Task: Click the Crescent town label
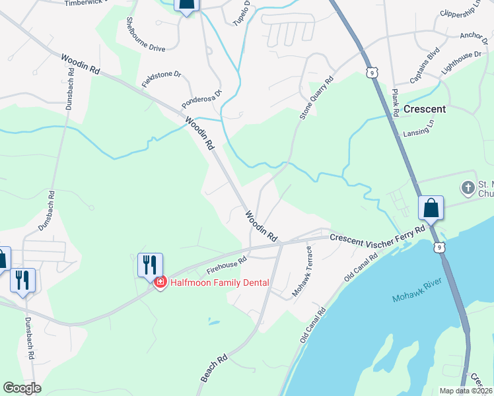[424, 109]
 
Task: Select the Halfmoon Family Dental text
[220, 283]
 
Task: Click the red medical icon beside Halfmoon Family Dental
[159, 283]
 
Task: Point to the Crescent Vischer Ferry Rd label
[377, 234]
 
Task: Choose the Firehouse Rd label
[226, 267]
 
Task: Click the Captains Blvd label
[424, 68]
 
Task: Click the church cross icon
[468, 188]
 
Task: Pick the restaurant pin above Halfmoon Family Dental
[150, 265]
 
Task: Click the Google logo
[22, 388]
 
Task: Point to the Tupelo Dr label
[242, 13]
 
